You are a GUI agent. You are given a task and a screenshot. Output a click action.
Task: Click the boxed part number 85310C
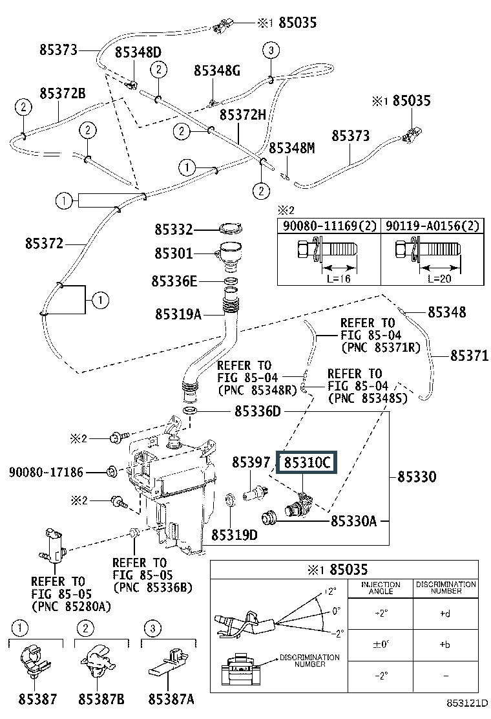(x=306, y=463)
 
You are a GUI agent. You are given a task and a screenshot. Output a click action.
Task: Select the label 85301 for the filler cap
(x=174, y=253)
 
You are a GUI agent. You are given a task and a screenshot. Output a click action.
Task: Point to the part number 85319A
(x=178, y=315)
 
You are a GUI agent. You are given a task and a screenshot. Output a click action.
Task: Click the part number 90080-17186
(x=47, y=473)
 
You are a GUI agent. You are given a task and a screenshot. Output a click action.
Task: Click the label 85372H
(x=243, y=114)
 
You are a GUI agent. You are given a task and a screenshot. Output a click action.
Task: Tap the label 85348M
(x=292, y=148)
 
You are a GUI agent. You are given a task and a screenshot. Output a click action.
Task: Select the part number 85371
(x=470, y=356)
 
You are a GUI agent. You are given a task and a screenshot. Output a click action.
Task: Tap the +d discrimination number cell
(x=444, y=612)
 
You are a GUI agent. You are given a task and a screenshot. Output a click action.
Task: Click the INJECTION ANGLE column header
(x=380, y=588)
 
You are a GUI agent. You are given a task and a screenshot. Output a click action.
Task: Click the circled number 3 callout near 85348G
(x=270, y=50)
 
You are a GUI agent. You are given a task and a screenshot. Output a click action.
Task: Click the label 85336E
(x=174, y=281)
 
